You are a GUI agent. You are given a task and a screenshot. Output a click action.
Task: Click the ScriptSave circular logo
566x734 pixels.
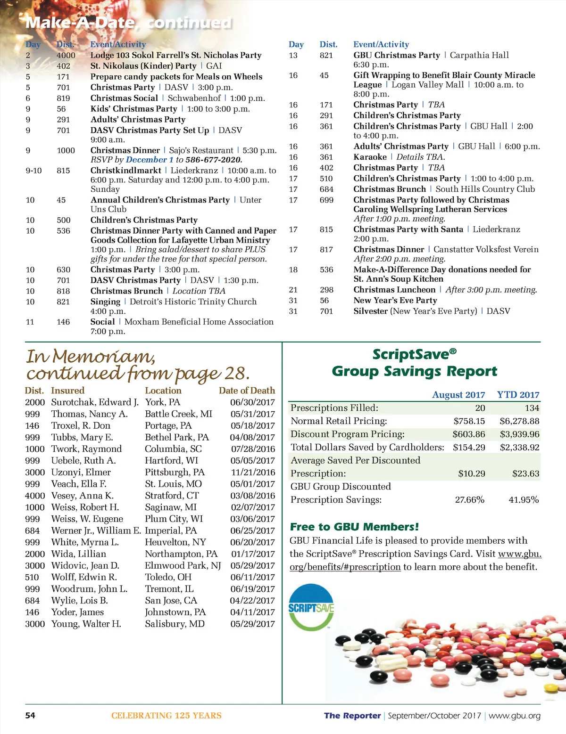pos(311,608)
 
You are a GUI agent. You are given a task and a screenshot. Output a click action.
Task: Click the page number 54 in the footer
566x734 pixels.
pos(30,716)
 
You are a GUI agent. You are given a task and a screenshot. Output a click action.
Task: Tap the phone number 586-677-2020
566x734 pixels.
pos(214,160)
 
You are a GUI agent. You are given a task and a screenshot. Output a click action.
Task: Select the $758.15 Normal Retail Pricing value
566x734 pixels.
pos(469,421)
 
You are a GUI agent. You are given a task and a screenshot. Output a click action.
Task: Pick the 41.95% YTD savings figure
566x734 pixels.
pos(524,500)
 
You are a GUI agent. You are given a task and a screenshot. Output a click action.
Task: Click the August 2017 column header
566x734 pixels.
pos(458,395)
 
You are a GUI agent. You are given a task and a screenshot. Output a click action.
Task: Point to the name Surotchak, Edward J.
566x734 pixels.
pos(95,402)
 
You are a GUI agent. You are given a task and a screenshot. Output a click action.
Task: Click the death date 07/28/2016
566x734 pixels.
pos(252,449)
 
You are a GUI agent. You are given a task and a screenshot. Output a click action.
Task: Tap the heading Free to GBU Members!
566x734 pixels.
pos(354,527)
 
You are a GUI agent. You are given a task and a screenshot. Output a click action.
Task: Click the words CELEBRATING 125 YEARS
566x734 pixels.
pos(166,716)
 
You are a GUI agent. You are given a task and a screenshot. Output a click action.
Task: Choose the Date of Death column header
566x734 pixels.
pos(247,391)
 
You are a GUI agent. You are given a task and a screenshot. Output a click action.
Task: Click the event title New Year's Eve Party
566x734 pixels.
pos(395,301)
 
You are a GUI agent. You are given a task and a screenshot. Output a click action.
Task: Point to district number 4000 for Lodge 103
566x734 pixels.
pos(66,55)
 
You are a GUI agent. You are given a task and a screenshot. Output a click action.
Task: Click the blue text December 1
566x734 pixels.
pos(150,160)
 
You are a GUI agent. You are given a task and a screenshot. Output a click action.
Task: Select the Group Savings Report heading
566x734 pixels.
pos(414,371)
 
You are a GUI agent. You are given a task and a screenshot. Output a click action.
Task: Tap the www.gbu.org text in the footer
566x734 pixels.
pos(515,716)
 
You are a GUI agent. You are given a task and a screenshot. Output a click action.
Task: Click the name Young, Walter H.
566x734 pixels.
pos(86,624)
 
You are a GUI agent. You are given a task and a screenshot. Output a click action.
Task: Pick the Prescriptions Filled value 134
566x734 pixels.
pos(532,408)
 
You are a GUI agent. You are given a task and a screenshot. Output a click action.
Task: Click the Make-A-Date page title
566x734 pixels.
pos(80,23)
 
